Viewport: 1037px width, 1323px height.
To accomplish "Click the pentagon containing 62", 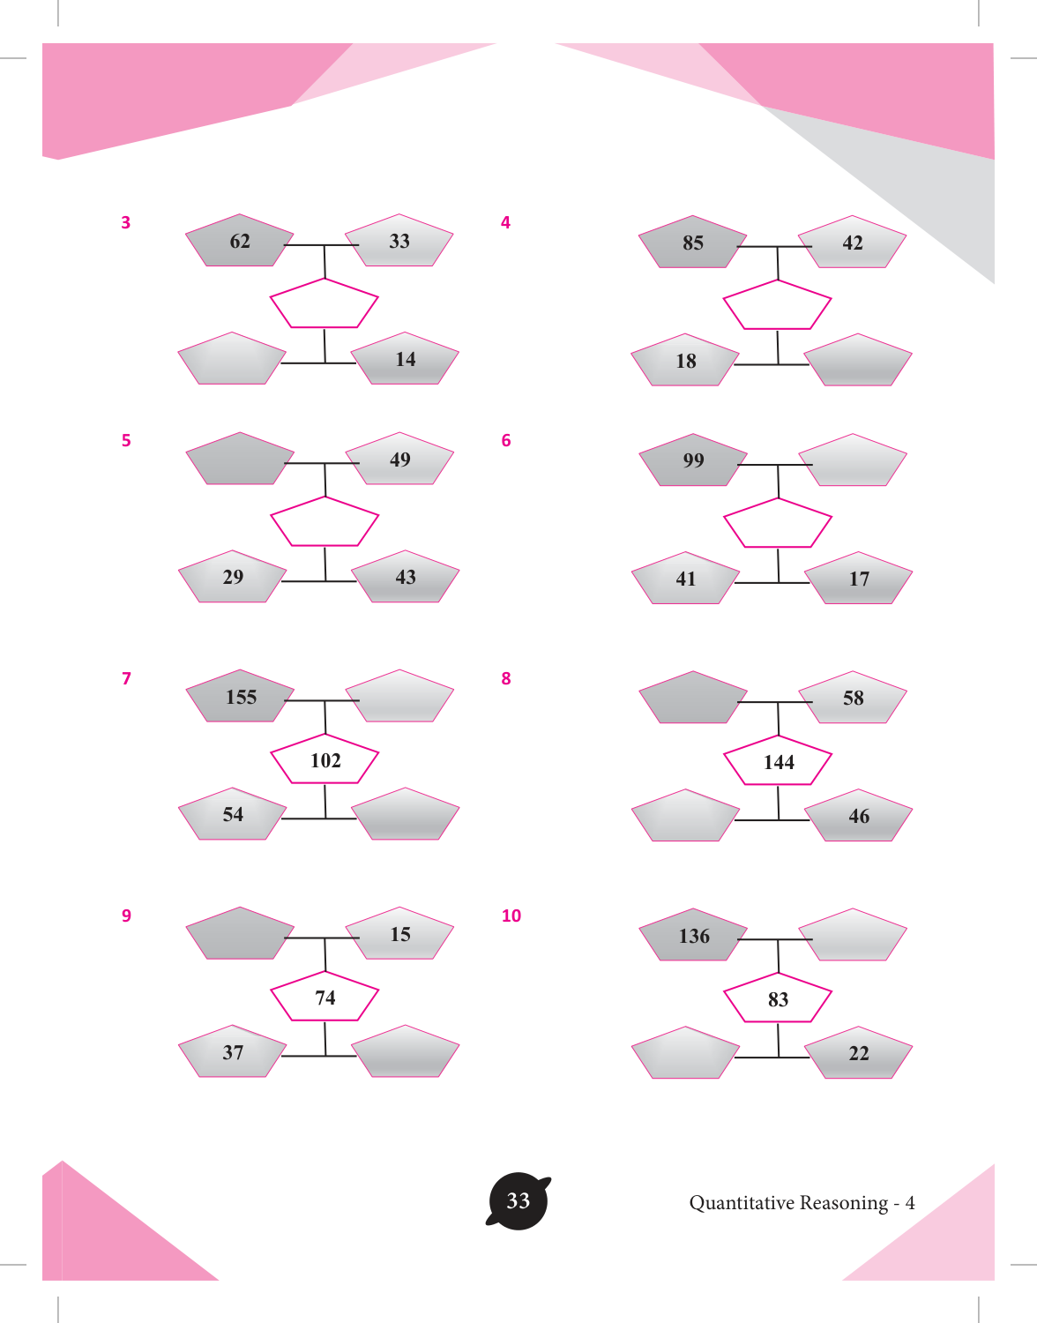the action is point(240,241).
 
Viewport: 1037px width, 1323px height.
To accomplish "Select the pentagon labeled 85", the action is point(692,243).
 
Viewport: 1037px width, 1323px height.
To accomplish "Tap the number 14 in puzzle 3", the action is point(406,359).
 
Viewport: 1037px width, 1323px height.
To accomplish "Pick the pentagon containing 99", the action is point(693,460).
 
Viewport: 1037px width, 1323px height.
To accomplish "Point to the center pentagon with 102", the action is point(325,759).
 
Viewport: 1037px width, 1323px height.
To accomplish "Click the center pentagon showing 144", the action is point(778,761).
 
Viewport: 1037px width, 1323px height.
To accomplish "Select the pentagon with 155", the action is point(240,697).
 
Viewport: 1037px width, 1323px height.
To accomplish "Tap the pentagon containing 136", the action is point(693,935).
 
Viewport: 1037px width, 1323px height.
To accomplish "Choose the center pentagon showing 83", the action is point(778,998).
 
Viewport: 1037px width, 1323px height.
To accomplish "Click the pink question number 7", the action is point(127,678).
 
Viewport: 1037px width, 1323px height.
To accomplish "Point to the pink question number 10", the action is point(511,916).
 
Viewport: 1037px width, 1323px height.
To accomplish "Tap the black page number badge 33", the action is point(518,1200).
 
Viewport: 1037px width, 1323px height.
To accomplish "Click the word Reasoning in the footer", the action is point(844,1204).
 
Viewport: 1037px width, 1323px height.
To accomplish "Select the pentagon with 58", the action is point(853,698).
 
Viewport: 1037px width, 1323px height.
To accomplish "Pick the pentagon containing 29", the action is point(233,577).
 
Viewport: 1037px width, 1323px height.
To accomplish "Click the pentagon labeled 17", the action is point(859,579).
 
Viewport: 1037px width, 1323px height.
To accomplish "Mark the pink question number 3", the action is point(126,222).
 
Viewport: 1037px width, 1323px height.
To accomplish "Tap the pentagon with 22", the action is point(859,1053).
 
